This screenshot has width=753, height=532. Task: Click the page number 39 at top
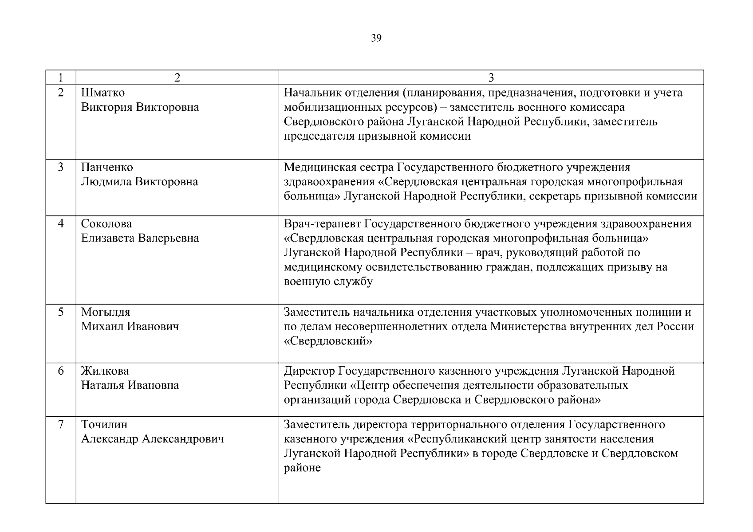pyautogui.click(x=376, y=39)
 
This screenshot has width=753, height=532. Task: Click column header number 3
pyautogui.click(x=491, y=78)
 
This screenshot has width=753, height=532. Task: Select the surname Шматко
pyautogui.click(x=103, y=93)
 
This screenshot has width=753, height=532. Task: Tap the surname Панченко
pyautogui.click(x=107, y=168)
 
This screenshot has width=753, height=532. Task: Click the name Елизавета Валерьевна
pyautogui.click(x=140, y=239)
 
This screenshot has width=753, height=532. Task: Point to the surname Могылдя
pyautogui.click(x=106, y=313)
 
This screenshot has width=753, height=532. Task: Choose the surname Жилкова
pyautogui.click(x=105, y=371)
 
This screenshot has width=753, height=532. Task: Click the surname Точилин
pyautogui.click(x=104, y=425)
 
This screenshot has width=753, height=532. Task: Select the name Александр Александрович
pyautogui.click(x=152, y=439)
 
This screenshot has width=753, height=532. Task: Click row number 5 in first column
pyautogui.click(x=61, y=312)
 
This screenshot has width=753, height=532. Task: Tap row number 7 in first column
pyautogui.click(x=61, y=425)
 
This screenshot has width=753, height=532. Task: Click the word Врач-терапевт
pyautogui.click(x=322, y=224)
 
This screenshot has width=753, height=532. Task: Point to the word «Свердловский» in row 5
pyautogui.click(x=328, y=341)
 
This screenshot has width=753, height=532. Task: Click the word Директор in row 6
pyautogui.click(x=309, y=371)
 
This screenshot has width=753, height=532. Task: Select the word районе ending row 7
pyautogui.click(x=302, y=468)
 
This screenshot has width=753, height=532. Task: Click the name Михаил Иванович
pyautogui.click(x=130, y=327)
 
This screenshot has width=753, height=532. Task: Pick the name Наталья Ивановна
pyautogui.click(x=130, y=385)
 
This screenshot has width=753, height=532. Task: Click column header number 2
pyautogui.click(x=177, y=78)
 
